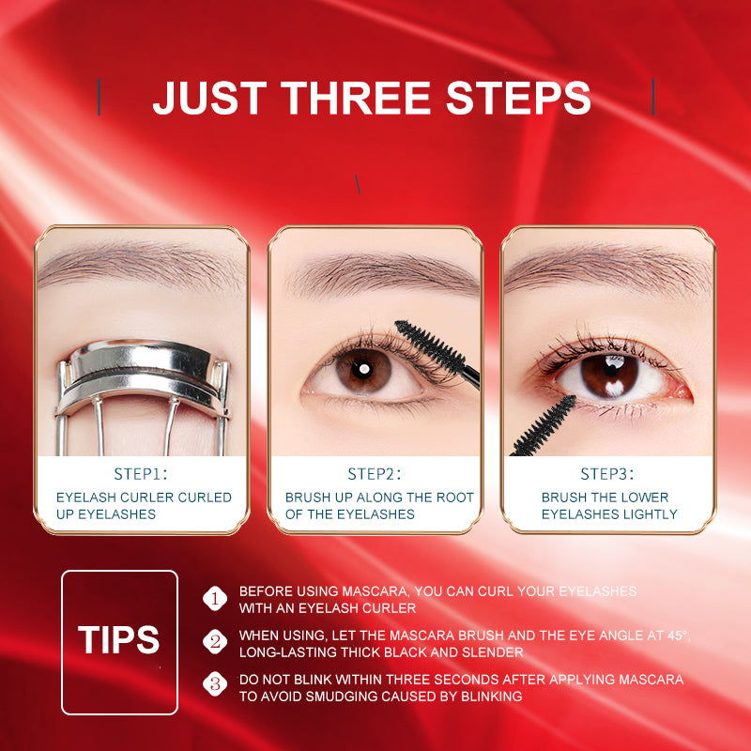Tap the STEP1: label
(141, 474)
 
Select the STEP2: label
(375, 474)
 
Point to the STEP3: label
(607, 474)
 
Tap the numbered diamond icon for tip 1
(215, 598)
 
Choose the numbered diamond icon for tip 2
(215, 642)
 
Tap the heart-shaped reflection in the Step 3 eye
(614, 383)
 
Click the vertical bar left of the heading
(100, 98)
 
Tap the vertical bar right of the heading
(652, 98)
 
